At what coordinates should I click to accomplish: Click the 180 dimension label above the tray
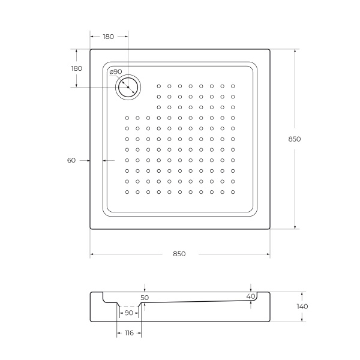click(108, 37)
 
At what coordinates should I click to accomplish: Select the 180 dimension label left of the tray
click(76, 68)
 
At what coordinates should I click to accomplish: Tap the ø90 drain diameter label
click(116, 72)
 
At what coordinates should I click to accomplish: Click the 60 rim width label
click(71, 160)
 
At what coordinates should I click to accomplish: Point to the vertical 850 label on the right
click(294, 139)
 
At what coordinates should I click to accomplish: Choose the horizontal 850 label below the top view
click(179, 254)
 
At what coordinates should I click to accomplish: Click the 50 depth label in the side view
click(145, 297)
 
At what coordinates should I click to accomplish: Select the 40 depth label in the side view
click(251, 296)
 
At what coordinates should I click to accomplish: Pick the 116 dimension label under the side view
click(129, 333)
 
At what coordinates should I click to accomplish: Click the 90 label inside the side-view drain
click(128, 313)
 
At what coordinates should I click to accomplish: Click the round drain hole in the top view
click(128, 88)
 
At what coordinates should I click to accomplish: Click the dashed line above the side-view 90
click(128, 306)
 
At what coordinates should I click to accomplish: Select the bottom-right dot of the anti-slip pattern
click(232, 192)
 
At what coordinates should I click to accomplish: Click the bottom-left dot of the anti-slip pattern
click(127, 192)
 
